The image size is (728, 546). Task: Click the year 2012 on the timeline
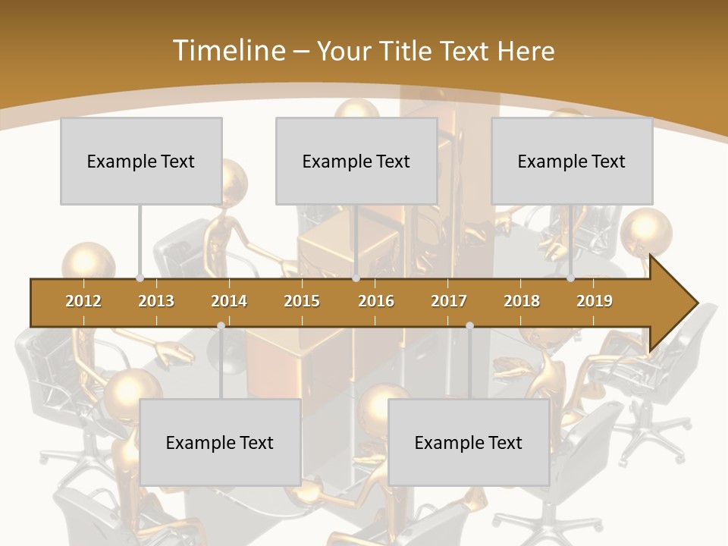[x=83, y=301]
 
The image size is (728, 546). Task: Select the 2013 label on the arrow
[x=156, y=301]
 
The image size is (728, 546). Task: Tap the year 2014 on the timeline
[x=229, y=301]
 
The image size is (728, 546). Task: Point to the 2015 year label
[x=302, y=301]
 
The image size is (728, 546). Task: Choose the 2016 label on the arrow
[x=376, y=301]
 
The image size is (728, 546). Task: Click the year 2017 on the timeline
[x=449, y=301]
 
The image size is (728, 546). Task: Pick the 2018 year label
[x=522, y=301]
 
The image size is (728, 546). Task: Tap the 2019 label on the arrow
[x=595, y=301]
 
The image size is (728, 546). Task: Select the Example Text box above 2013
[x=141, y=161]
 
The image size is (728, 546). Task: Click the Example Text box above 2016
[x=356, y=161]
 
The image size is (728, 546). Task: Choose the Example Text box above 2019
[x=572, y=161]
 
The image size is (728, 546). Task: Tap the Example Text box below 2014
[x=220, y=442]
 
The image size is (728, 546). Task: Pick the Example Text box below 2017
[x=469, y=442]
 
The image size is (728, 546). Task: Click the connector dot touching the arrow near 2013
[x=140, y=278]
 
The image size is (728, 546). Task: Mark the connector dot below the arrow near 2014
[x=221, y=326]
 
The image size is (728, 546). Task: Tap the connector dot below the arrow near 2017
[x=469, y=326]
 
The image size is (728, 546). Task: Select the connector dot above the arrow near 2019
[x=570, y=278]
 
